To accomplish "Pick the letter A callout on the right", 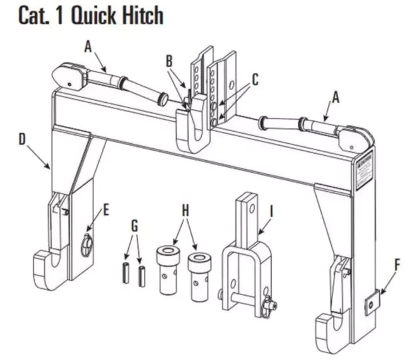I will pos(336,96).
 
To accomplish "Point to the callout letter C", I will pos(255,79).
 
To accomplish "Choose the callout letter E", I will pos(105,211).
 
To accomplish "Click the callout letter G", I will pos(134,226).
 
